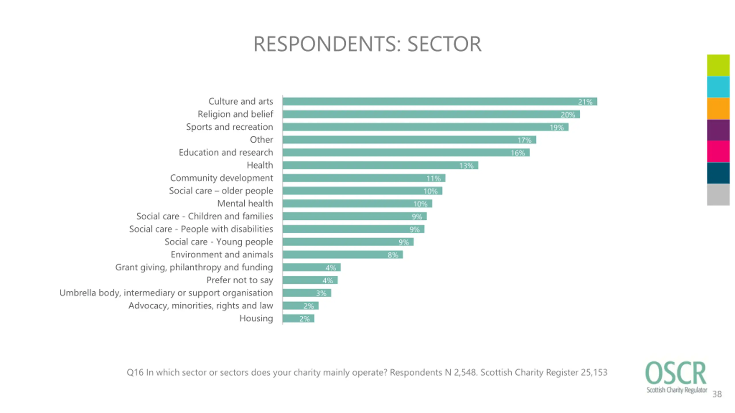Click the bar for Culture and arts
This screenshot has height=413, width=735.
coord(439,102)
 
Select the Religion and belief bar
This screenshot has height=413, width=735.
coord(431,114)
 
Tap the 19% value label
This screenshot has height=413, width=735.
coord(556,127)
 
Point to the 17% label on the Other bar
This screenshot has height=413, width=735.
coord(524,140)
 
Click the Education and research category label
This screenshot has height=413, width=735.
coord(226,152)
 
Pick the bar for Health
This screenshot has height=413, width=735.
coord(380,165)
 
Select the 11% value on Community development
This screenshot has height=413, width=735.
coord(433,178)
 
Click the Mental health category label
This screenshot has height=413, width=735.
coord(245,203)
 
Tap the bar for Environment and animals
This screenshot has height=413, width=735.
coord(342,254)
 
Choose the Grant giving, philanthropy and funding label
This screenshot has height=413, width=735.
coord(194,267)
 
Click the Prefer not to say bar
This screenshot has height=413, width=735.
coord(310,280)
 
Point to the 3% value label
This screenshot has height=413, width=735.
coord(321,293)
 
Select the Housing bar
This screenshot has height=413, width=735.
coord(298,319)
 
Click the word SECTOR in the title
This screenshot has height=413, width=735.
coord(444,44)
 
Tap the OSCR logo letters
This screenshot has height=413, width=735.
coord(676,373)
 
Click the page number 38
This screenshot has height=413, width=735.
coord(717,394)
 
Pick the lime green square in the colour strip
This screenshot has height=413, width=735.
coord(718,65)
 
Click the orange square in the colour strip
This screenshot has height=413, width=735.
coord(718,108)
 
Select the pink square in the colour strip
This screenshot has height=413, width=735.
coord(718,151)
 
